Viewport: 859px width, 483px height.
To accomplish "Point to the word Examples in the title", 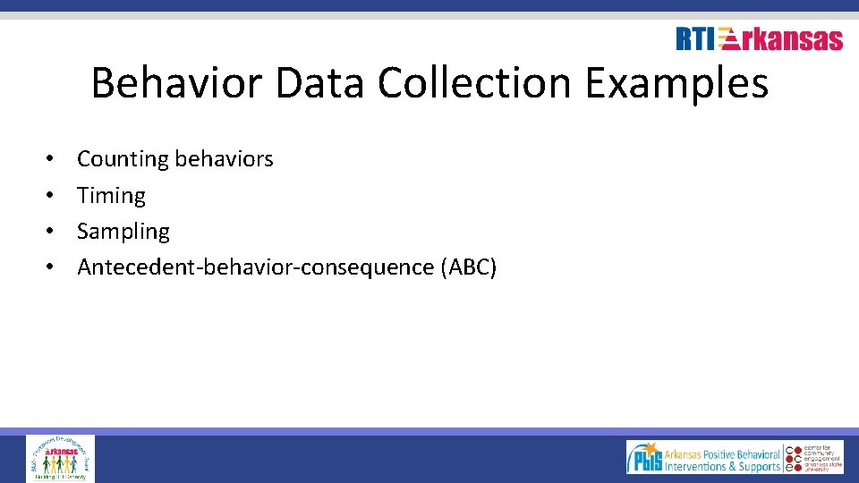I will point(677,84).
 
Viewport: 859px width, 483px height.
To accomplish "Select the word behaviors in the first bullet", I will point(225,159).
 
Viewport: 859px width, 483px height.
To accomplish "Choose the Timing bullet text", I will point(111,195).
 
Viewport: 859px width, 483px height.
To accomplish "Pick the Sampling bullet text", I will point(123,232).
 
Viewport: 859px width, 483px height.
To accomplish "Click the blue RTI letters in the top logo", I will point(696,39).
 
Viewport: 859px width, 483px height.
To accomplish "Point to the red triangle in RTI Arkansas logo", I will point(728,38).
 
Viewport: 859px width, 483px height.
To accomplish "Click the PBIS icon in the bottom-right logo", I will point(644,458).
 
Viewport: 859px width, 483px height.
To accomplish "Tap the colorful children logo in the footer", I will point(60,458).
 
